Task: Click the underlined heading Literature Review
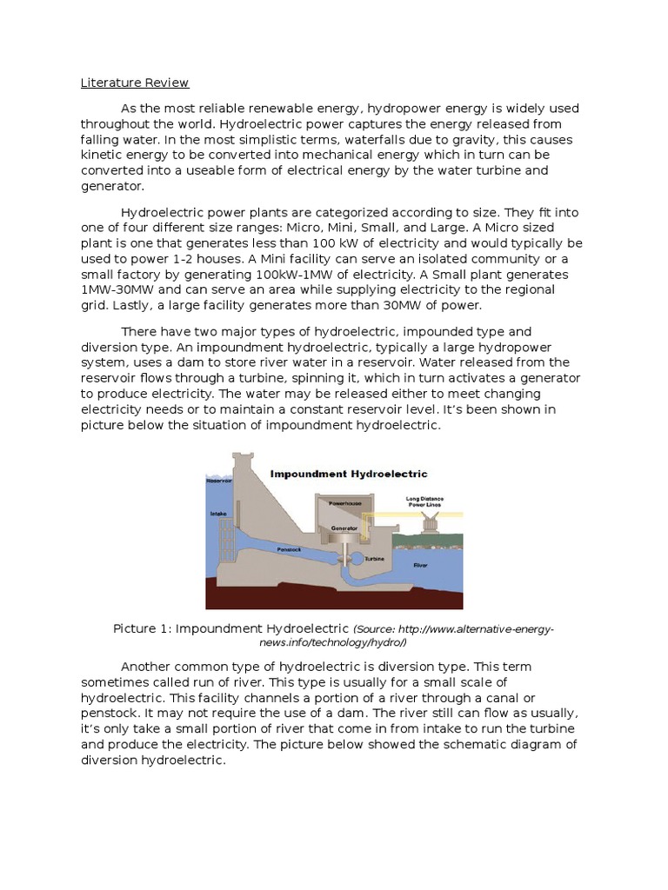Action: pyautogui.click(x=135, y=83)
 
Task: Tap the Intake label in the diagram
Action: pyautogui.click(x=218, y=514)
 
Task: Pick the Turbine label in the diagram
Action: pyautogui.click(x=374, y=560)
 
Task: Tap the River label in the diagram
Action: pyautogui.click(x=420, y=564)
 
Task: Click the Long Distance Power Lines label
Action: pyautogui.click(x=425, y=501)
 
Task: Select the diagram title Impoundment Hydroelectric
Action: pyautogui.click(x=348, y=475)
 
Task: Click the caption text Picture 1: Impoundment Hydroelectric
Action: pyautogui.click(x=231, y=628)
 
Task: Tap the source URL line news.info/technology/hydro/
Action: pyautogui.click(x=333, y=643)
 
